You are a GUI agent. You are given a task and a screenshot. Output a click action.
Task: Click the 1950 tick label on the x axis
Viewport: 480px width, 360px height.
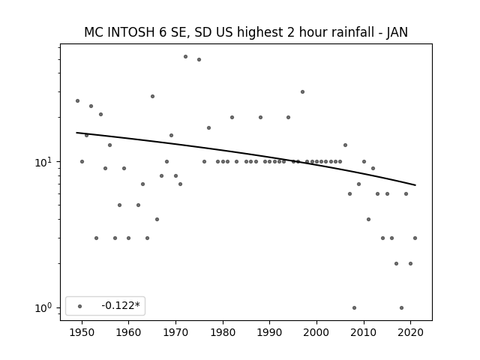82,332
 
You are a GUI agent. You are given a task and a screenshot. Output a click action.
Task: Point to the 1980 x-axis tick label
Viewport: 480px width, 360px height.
223,332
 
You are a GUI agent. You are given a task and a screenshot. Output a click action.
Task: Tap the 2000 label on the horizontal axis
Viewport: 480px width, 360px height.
316,332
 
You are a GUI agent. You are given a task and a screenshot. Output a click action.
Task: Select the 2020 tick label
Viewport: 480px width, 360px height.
410,332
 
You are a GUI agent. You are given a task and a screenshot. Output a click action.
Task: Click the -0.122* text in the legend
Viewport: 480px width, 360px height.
121,305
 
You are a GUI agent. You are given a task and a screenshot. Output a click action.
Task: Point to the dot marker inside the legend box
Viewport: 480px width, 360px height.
80,306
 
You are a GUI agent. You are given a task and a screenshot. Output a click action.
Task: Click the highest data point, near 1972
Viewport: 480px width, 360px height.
185,57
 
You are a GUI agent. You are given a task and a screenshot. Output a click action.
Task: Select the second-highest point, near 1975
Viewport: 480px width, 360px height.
199,60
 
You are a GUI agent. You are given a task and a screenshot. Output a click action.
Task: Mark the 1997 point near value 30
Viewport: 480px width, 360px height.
302,91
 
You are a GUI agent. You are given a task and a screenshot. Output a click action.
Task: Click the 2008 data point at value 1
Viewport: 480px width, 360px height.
354,307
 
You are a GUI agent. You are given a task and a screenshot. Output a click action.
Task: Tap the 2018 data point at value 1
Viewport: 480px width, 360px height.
401,307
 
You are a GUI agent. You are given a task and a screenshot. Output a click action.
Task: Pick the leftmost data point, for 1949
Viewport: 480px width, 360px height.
77,100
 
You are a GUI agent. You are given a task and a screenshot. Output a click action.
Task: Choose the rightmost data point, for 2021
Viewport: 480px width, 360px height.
415,238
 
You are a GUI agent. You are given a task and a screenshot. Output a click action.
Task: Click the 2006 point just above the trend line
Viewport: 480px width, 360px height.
345,145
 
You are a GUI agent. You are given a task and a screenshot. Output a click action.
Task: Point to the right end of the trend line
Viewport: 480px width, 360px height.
415,185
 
